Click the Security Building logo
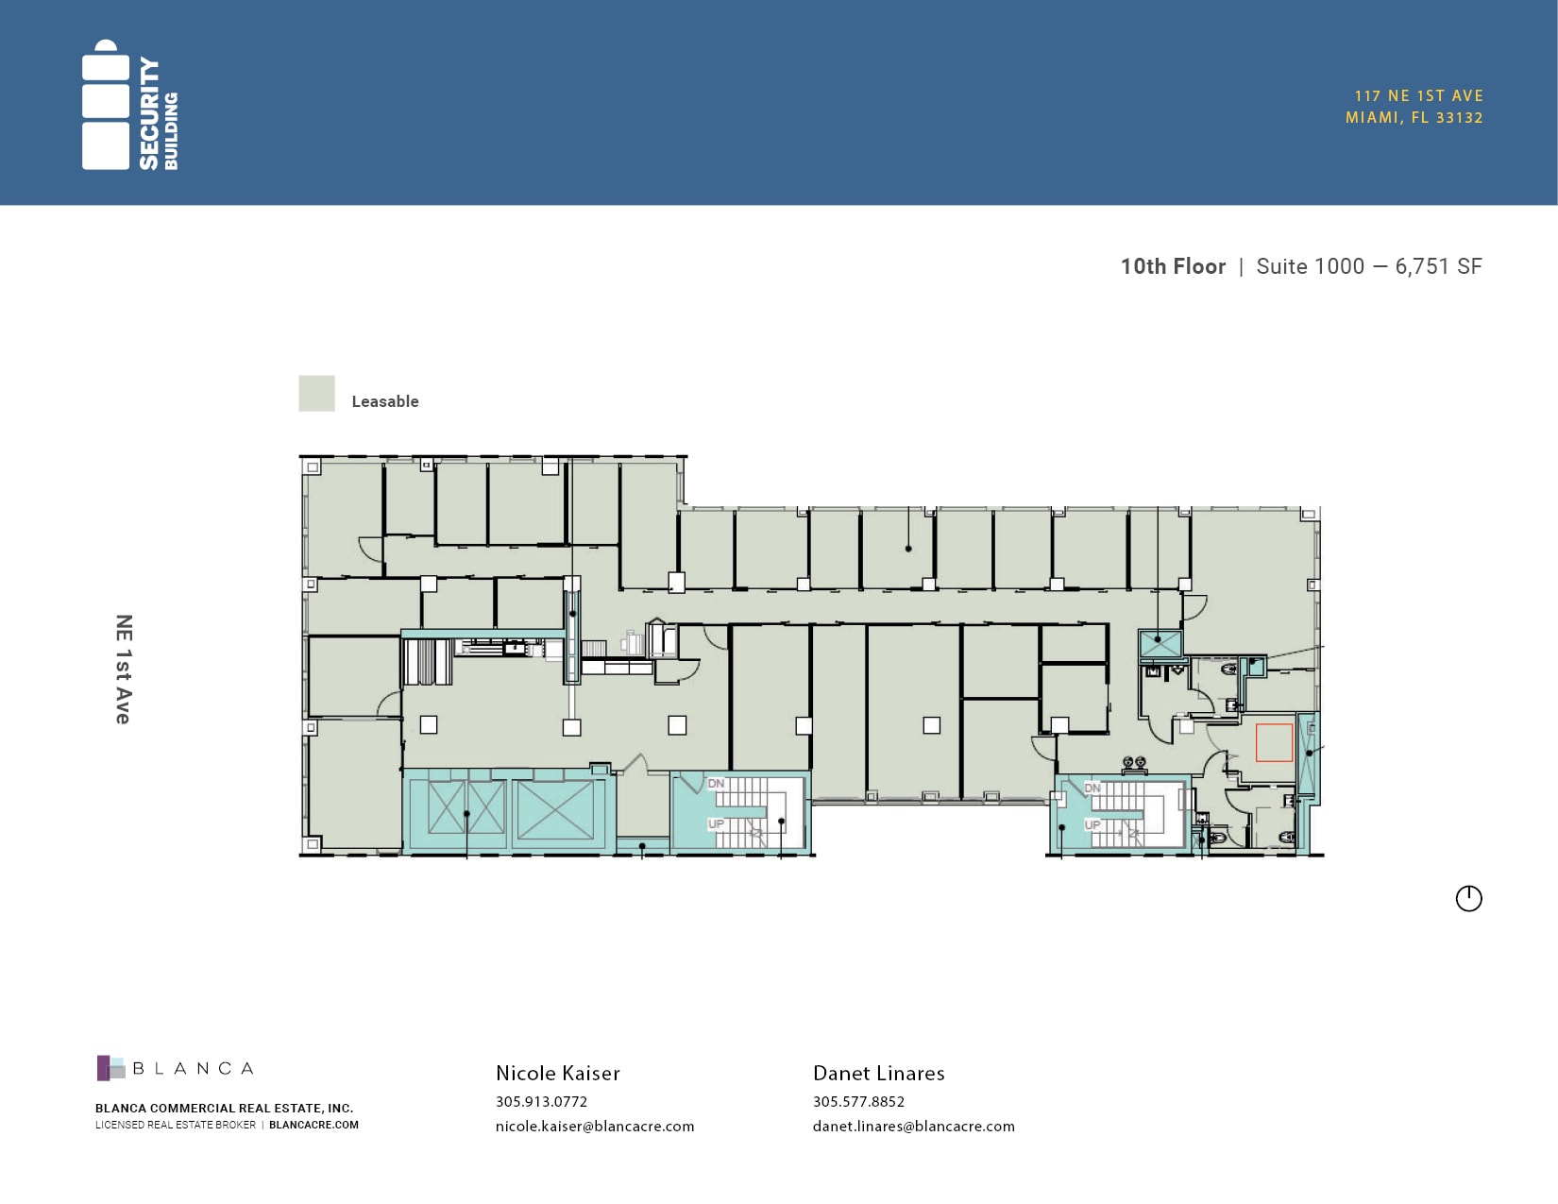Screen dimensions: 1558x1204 [129, 105]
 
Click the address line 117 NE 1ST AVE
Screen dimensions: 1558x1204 [1418, 96]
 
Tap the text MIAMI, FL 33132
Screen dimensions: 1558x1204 [1414, 118]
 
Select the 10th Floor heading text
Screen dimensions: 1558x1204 [1173, 266]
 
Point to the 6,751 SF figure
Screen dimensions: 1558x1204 [1438, 266]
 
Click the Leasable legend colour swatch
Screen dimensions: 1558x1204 [316, 393]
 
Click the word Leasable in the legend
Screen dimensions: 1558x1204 [385, 401]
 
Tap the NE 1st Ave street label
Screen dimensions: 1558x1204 [124, 670]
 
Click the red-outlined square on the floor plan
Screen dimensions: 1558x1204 [1274, 742]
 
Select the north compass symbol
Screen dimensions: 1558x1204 [1468, 899]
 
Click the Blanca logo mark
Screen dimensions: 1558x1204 [111, 1068]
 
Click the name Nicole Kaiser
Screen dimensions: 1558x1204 [558, 1074]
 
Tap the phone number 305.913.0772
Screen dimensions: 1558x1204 [541, 1101]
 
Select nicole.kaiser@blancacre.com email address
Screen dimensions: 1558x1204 [595, 1126]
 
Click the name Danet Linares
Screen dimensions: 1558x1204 [879, 1074]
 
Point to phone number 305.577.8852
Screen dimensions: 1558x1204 [859, 1101]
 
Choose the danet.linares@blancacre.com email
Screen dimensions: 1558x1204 [914, 1126]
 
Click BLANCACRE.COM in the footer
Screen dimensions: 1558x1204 [314, 1125]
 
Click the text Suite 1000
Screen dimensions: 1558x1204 [1311, 266]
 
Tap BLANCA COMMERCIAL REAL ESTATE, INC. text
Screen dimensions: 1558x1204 [225, 1108]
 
